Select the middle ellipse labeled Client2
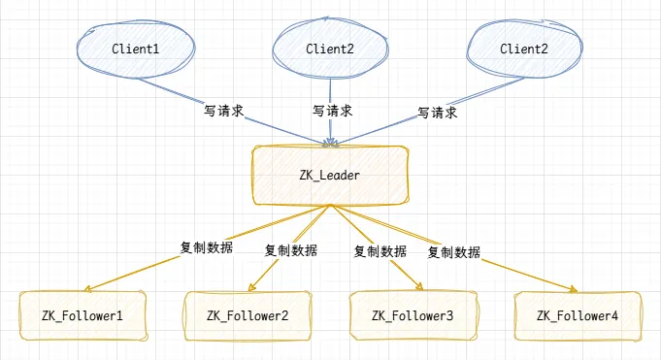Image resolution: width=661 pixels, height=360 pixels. [x=330, y=48]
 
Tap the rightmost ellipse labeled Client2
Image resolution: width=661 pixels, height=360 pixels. [x=524, y=48]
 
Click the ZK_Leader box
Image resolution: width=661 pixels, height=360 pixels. [x=330, y=176]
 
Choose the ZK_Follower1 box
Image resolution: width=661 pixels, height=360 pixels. [x=81, y=316]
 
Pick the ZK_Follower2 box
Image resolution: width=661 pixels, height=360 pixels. [x=248, y=316]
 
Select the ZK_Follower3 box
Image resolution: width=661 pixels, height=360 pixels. [x=413, y=316]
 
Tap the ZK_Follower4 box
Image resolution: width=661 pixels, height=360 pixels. [x=578, y=316]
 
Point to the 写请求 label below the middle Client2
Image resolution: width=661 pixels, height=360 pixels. [x=332, y=112]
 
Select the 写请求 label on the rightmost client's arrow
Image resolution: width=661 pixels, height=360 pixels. [x=437, y=112]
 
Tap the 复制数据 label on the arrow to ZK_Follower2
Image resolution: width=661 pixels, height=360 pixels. [x=291, y=249]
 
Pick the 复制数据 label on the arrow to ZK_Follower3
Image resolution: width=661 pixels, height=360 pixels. [x=380, y=250]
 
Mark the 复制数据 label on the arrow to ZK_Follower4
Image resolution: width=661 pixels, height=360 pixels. [x=454, y=251]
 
